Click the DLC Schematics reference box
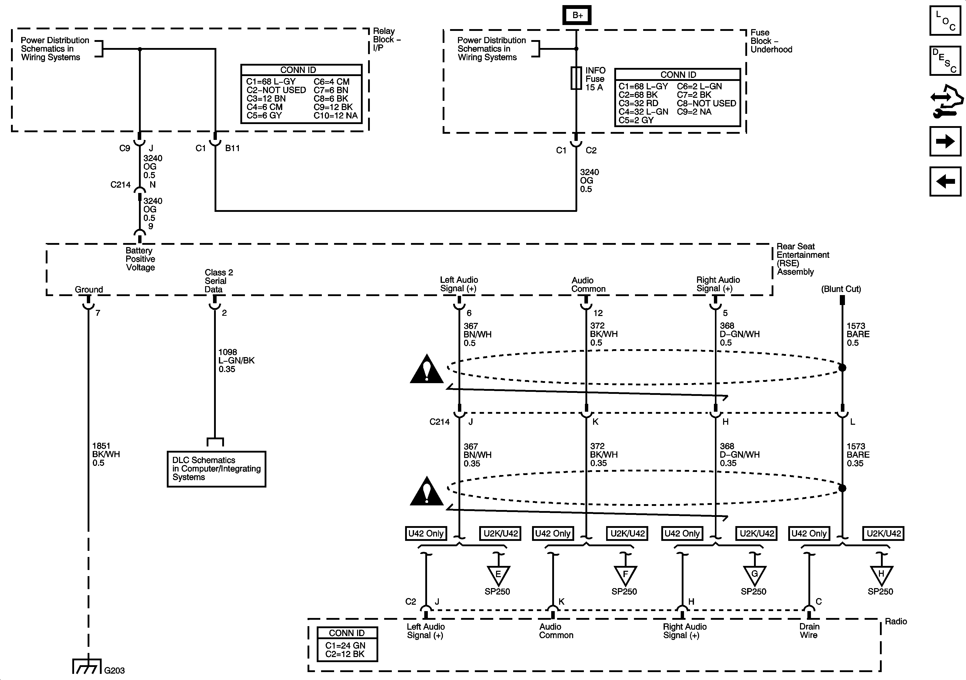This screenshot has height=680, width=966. point(216,469)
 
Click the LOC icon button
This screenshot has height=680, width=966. point(945,21)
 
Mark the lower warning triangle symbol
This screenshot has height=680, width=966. point(427,491)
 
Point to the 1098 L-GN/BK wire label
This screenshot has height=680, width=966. point(236,360)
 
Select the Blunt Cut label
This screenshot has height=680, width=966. point(841,289)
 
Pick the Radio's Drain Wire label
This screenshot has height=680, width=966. point(809,631)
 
